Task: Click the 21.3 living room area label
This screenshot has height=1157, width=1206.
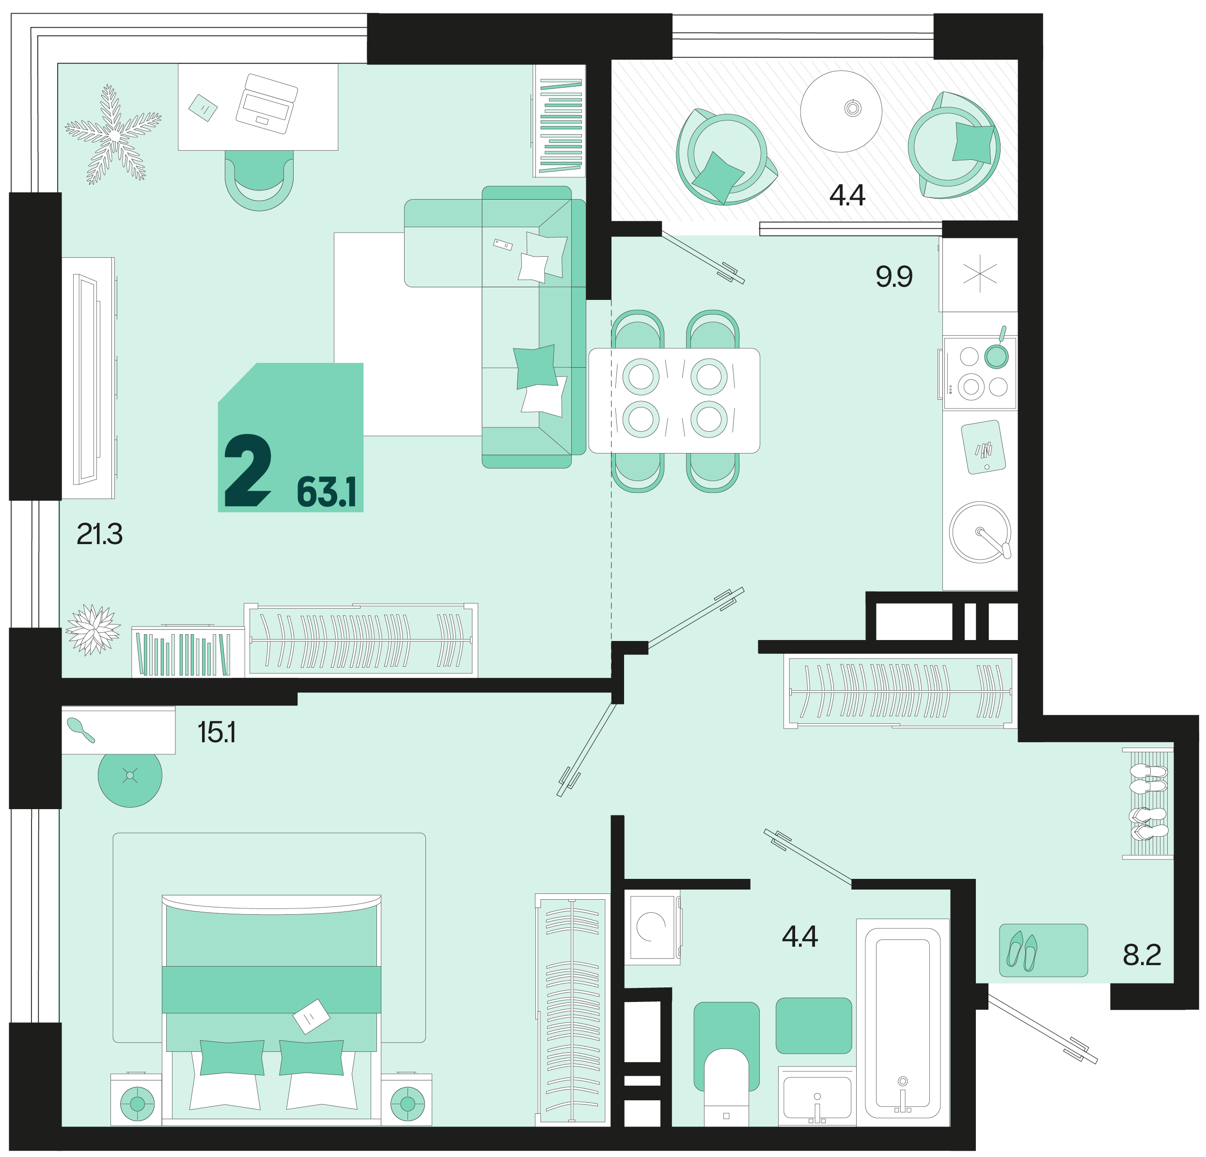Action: (x=100, y=534)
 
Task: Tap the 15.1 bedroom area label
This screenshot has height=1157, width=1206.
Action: (x=217, y=733)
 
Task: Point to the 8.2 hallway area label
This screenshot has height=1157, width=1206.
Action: (x=1142, y=954)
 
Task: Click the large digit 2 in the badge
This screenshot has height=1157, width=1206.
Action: (x=247, y=470)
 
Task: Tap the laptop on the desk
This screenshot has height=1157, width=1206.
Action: (x=266, y=103)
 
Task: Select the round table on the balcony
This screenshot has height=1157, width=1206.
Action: (x=841, y=111)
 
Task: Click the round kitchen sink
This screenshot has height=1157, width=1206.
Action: (x=980, y=532)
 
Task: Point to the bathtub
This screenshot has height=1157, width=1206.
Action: (x=903, y=1022)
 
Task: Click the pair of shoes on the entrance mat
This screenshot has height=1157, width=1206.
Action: (x=1022, y=951)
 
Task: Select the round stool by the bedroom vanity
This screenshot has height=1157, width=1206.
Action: (x=130, y=775)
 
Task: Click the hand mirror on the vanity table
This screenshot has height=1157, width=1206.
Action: (x=80, y=730)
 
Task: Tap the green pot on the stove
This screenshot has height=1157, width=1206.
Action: (x=996, y=353)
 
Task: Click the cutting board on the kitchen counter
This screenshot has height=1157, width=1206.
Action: (x=983, y=447)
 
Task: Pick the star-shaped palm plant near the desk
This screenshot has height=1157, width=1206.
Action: (x=113, y=134)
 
